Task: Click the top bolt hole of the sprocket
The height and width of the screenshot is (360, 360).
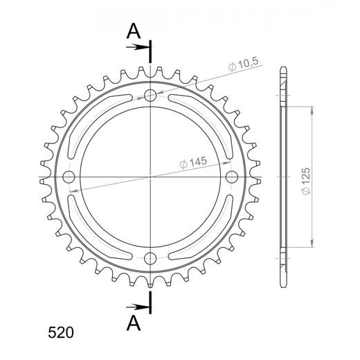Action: [150, 96]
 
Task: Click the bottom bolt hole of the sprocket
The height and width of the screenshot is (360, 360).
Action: [150, 259]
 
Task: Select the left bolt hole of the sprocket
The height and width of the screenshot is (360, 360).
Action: [69, 177]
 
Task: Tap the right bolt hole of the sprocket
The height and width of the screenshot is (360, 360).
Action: [232, 177]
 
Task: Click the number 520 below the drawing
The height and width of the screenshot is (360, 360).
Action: [60, 332]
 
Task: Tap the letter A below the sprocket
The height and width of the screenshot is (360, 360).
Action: [134, 323]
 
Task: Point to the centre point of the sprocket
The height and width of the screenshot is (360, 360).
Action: [150, 177]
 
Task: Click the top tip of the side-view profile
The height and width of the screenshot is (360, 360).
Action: [282, 69]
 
